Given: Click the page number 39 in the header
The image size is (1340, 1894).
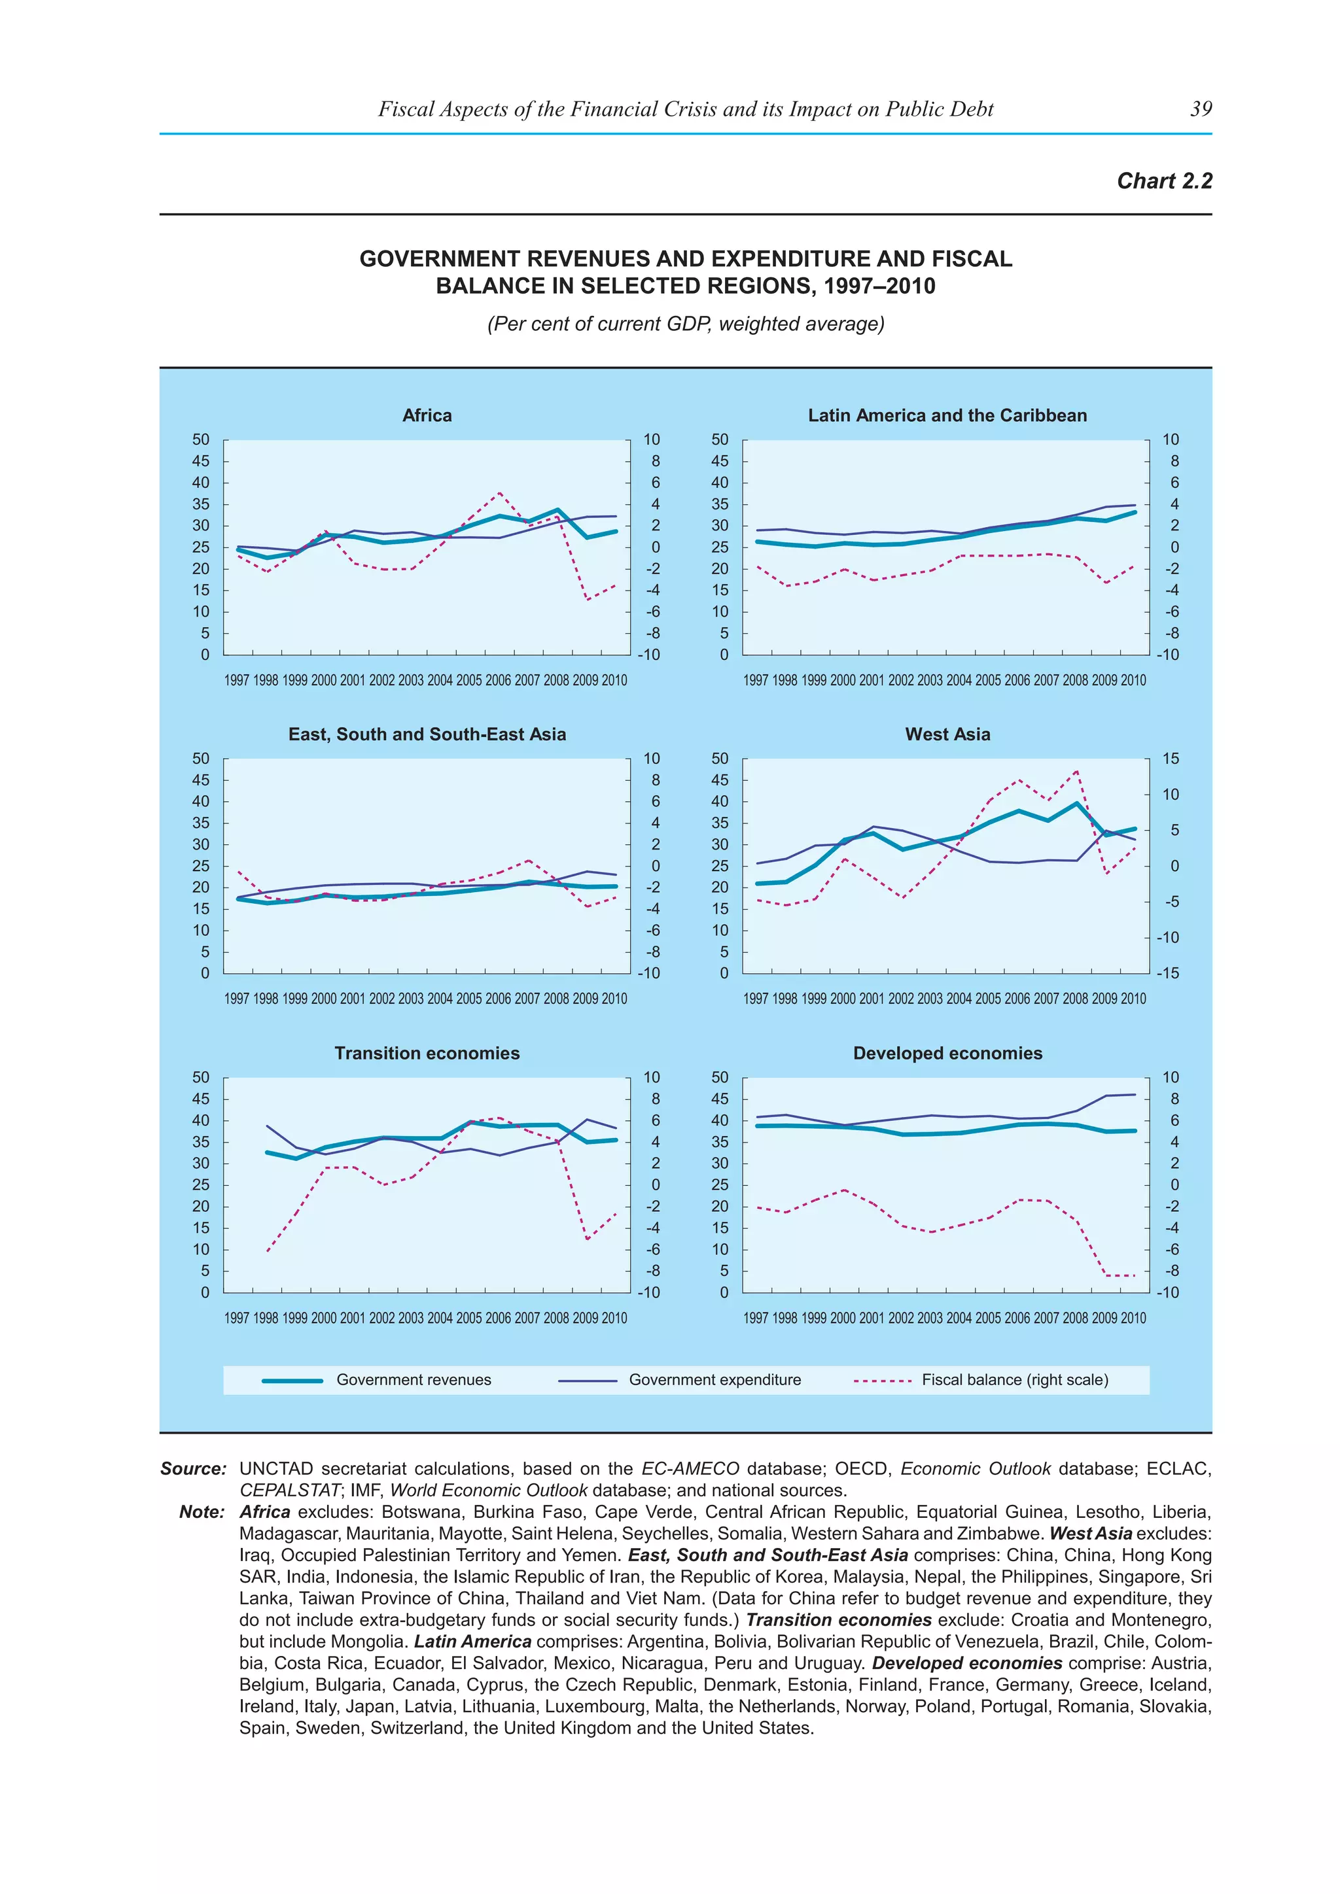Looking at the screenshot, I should (x=1201, y=109).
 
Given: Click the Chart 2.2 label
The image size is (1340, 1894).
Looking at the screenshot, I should (x=1163, y=181).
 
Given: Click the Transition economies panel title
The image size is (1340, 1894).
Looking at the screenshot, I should (x=427, y=1054).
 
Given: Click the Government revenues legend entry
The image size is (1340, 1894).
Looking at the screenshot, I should (x=413, y=1380).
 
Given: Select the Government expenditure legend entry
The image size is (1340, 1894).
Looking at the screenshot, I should (x=714, y=1380).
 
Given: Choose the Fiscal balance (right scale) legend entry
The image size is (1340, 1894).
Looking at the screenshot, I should (x=1014, y=1380).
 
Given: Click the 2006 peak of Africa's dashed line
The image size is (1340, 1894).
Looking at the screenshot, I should (x=499, y=493).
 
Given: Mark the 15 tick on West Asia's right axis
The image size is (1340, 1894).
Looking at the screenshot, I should (x=1169, y=759).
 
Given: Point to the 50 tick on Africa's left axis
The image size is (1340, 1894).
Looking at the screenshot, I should (x=200, y=439).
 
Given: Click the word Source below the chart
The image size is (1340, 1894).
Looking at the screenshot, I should (x=193, y=1469).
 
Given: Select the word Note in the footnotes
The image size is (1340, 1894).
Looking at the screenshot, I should (x=202, y=1512).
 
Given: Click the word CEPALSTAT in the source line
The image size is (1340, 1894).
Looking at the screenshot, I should (x=289, y=1490).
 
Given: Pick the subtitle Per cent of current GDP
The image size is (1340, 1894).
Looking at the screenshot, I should (x=685, y=324).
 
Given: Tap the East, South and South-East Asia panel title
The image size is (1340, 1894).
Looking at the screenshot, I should (x=427, y=734).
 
